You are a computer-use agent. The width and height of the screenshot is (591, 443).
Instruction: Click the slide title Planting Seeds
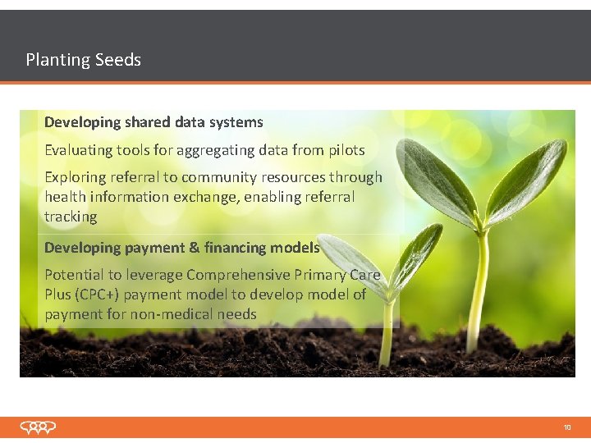83,60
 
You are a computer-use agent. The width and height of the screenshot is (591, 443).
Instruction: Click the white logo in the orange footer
39,427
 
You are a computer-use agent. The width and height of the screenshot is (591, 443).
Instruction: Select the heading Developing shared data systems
153,122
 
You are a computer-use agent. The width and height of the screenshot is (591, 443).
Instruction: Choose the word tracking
71,217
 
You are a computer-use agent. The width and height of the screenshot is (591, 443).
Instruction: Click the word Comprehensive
247,275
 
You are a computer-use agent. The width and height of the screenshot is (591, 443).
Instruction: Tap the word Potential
74,275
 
